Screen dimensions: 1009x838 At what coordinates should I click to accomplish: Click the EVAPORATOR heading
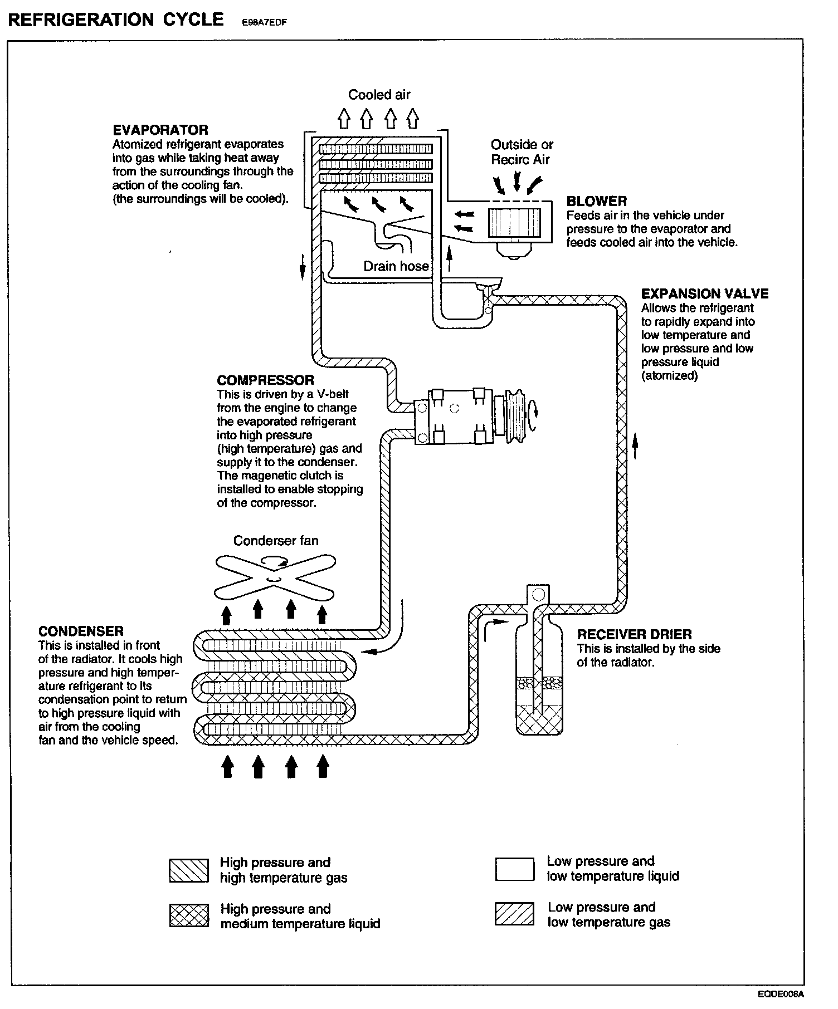click(x=160, y=130)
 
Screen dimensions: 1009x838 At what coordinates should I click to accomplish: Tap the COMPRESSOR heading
click(x=265, y=381)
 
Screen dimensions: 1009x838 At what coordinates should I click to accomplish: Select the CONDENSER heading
click(x=81, y=631)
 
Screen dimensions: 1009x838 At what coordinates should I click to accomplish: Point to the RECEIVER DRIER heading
click(x=634, y=634)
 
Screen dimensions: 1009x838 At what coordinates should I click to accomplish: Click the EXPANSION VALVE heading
click(x=705, y=294)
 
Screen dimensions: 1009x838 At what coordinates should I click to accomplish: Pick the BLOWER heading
click(x=596, y=202)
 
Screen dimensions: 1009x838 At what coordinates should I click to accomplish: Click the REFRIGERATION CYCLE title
click(x=116, y=20)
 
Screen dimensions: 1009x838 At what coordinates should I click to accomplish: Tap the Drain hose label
click(x=396, y=266)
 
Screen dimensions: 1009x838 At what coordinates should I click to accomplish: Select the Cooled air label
click(x=379, y=95)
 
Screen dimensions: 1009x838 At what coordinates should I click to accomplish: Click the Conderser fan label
click(x=276, y=541)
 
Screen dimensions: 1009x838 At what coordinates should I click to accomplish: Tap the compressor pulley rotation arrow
click(x=535, y=411)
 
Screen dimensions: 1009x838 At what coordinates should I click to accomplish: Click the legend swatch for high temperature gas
click(x=189, y=870)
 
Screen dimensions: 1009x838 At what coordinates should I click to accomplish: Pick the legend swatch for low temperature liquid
click(x=514, y=869)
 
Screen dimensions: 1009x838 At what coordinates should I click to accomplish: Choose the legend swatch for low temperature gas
click(x=514, y=914)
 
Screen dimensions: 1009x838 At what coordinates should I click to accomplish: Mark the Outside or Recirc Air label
click(x=522, y=152)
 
